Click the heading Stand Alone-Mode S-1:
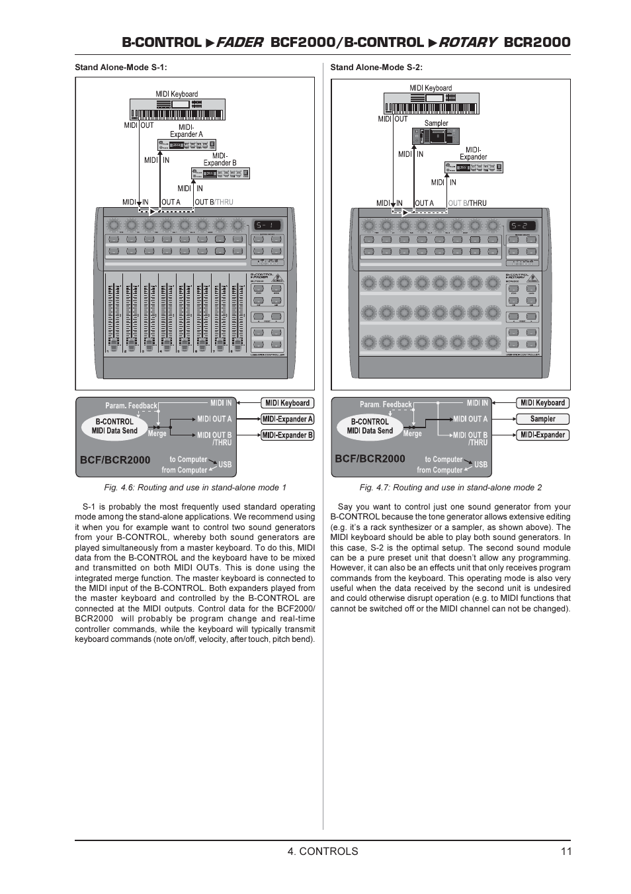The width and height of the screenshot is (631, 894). pos(120,67)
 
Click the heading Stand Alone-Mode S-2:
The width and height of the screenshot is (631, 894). pos(376,67)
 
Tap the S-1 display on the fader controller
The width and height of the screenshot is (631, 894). pos(267,226)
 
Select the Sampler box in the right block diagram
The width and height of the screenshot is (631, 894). pos(542,419)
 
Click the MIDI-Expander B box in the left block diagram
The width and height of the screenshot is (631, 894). pos(287,435)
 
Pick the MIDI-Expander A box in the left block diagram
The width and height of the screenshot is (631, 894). pos(287,419)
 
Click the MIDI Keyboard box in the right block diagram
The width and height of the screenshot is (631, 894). pos(542,403)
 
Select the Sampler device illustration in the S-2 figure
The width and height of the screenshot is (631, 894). pos(435,136)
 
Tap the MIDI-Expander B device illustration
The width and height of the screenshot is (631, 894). pos(220,173)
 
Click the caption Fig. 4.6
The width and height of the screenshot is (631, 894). pos(195,488)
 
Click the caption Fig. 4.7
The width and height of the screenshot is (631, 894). pos(450,488)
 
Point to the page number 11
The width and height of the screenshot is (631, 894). pos(566,851)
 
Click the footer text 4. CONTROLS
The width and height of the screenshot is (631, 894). pos(323,851)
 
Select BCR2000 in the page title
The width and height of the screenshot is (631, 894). pos(536,42)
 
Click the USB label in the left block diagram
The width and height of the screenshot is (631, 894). pos(225,465)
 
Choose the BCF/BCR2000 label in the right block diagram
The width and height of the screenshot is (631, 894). pos(370,459)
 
